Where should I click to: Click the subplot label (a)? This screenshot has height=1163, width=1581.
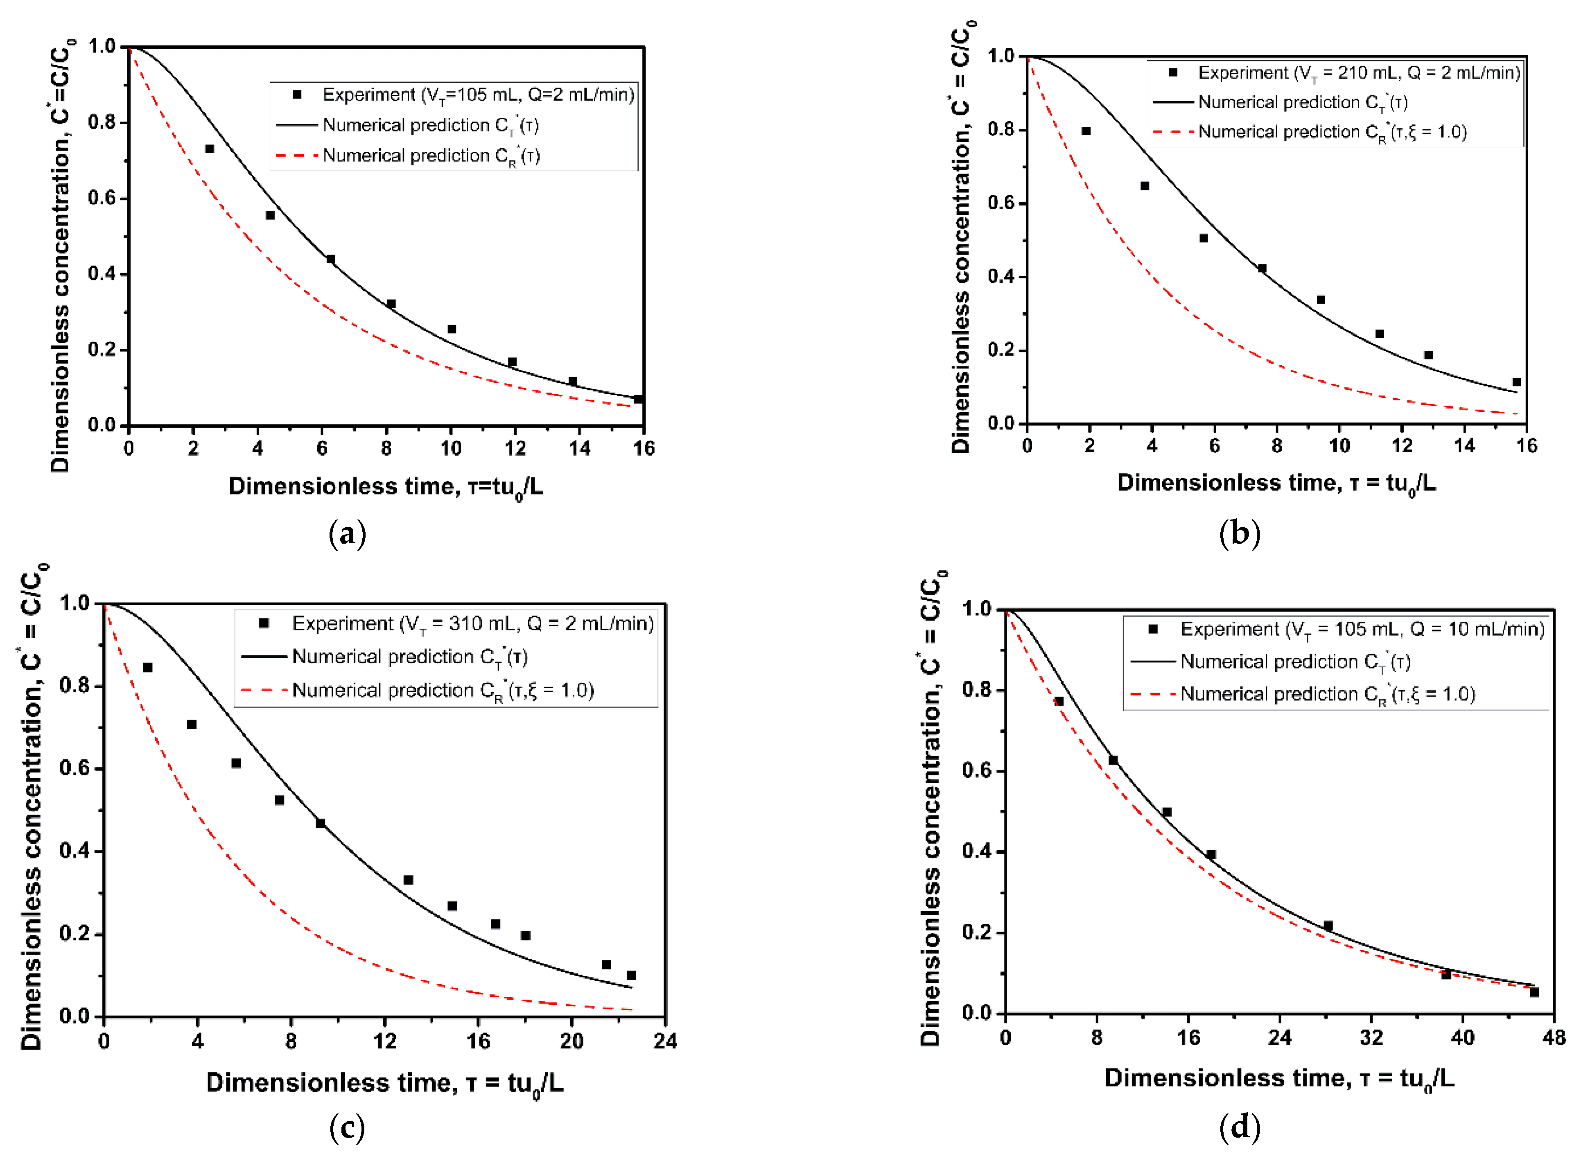tap(347, 534)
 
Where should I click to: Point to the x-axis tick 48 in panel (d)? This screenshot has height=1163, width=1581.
tap(1553, 1038)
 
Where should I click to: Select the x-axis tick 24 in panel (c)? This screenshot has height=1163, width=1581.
tap(664, 1041)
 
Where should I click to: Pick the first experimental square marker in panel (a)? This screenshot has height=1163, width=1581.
tap(209, 149)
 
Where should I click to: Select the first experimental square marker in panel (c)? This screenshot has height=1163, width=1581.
tap(148, 667)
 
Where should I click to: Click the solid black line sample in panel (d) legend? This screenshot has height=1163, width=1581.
tap(1152, 662)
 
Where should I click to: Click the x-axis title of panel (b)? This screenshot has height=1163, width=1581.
tap(1276, 483)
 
